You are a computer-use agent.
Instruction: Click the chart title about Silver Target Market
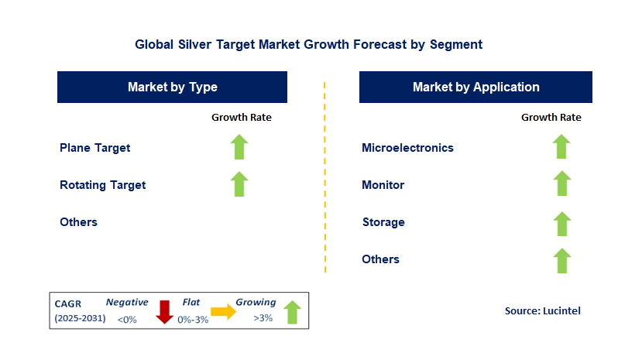tap(309, 44)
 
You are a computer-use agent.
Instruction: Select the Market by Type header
tap(173, 87)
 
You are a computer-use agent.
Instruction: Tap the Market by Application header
tap(475, 87)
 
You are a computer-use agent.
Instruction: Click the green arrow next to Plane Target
tap(239, 147)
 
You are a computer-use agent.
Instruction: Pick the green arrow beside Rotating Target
tap(239, 184)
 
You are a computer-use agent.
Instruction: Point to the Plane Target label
tap(95, 148)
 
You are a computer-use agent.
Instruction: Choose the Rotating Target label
tap(103, 185)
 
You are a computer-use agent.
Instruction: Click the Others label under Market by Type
tap(79, 222)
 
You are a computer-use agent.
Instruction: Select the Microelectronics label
tap(408, 148)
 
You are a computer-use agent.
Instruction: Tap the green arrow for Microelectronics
tap(561, 146)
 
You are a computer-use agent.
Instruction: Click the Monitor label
tap(383, 185)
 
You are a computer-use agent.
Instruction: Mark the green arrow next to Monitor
tap(561, 183)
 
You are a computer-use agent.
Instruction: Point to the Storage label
tap(383, 222)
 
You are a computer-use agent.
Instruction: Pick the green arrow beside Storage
tap(561, 224)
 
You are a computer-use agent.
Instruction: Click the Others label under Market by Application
tap(381, 259)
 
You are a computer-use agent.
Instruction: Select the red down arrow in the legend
tap(165, 312)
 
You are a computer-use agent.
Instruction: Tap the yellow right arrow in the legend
tap(224, 312)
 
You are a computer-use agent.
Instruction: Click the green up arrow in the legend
tap(292, 312)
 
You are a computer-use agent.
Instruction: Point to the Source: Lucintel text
tap(543, 311)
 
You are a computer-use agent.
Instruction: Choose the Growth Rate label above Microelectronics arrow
tap(551, 118)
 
